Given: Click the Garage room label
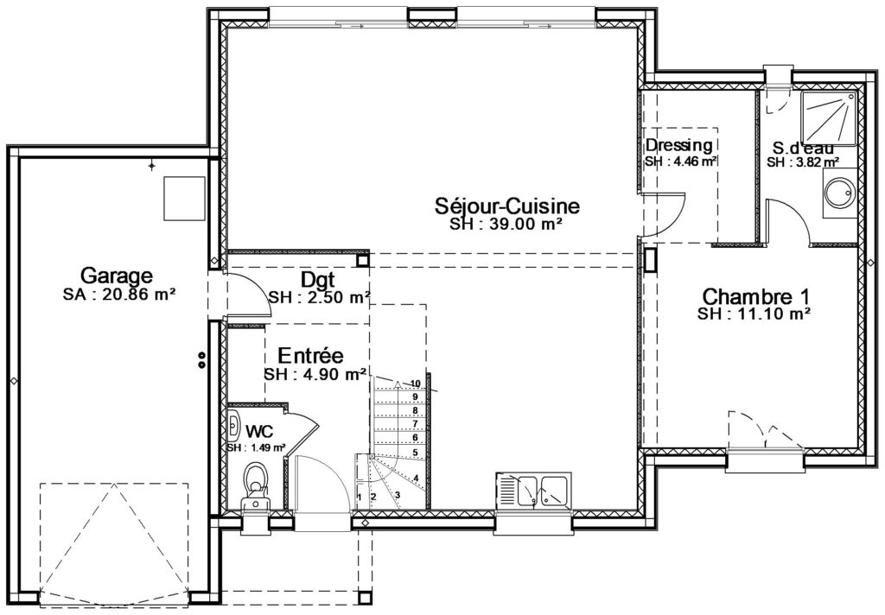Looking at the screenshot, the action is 117,276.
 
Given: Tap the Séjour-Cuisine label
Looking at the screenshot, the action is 506,206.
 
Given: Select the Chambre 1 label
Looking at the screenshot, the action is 755,296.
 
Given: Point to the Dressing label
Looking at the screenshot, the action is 679,145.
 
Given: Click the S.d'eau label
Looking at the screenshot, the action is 803,148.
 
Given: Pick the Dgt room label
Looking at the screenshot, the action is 318,279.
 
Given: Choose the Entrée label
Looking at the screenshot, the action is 311,356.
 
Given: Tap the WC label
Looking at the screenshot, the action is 259,432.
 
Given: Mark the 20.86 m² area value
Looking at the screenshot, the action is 136,295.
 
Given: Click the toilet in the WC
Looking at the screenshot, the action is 256,488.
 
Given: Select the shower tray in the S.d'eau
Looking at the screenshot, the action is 829,118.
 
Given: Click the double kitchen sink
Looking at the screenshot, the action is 533,491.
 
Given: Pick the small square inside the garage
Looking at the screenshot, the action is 184,198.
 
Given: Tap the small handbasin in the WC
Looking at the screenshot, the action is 233,426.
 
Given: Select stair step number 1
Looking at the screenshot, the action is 360,497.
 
